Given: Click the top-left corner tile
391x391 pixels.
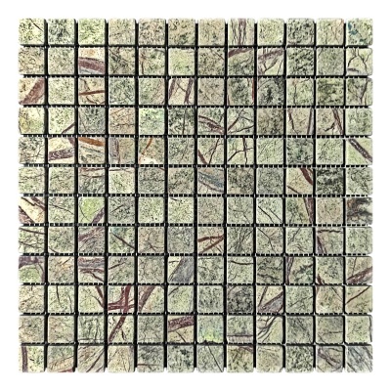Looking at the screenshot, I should pyautogui.click(x=32, y=32).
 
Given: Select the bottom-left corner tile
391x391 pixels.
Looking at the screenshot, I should pyautogui.click(x=32, y=359).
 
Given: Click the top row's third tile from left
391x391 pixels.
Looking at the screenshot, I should pyautogui.click(x=92, y=32).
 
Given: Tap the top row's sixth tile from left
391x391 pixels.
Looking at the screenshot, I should pyautogui.click(x=181, y=32).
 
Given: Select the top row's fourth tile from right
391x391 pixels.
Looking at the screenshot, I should pyautogui.click(x=270, y=32).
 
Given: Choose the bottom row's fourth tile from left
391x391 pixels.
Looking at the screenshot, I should pyautogui.click(x=121, y=359).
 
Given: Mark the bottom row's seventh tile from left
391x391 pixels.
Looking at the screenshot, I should pyautogui.click(x=210, y=359).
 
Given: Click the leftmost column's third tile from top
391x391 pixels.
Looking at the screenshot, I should pyautogui.click(x=32, y=92).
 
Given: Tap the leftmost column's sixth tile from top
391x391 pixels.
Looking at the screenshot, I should pyautogui.click(x=32, y=181).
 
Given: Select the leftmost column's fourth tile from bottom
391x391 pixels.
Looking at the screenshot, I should pyautogui.click(x=32, y=270).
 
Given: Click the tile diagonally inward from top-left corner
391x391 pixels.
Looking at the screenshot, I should pyautogui.click(x=62, y=62).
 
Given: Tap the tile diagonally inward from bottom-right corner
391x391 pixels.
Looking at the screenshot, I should pyautogui.click(x=329, y=329).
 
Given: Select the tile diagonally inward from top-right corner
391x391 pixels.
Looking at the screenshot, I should pyautogui.click(x=329, y=62).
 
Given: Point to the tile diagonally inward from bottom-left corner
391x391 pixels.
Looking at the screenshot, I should pyautogui.click(x=62, y=329).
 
